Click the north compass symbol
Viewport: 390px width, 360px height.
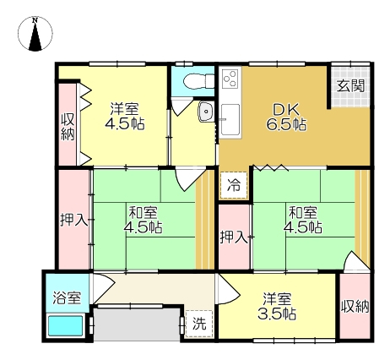point(35,34)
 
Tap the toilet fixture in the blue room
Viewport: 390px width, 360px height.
point(198,81)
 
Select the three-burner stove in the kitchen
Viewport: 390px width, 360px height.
point(230,78)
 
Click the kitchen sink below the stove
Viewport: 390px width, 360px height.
point(230,119)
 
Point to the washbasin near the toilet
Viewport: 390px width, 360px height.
point(206,112)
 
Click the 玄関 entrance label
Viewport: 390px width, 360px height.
point(350,86)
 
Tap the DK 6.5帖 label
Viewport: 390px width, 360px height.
point(286,117)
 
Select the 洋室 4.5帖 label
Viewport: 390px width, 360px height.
point(125,117)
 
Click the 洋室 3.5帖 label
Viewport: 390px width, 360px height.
point(277,307)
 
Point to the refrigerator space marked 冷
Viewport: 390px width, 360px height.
point(234,185)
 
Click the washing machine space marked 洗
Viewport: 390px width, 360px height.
point(199,324)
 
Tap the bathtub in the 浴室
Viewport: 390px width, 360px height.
point(66,326)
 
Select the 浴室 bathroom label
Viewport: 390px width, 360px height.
point(68,297)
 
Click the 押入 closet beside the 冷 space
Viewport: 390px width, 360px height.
point(234,237)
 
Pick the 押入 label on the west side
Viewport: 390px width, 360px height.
point(73,220)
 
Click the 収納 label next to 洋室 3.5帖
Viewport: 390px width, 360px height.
point(355,306)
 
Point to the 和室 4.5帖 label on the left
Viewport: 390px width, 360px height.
point(144,220)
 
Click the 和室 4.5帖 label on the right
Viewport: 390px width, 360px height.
point(303,220)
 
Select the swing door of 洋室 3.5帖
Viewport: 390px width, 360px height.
point(229,289)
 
